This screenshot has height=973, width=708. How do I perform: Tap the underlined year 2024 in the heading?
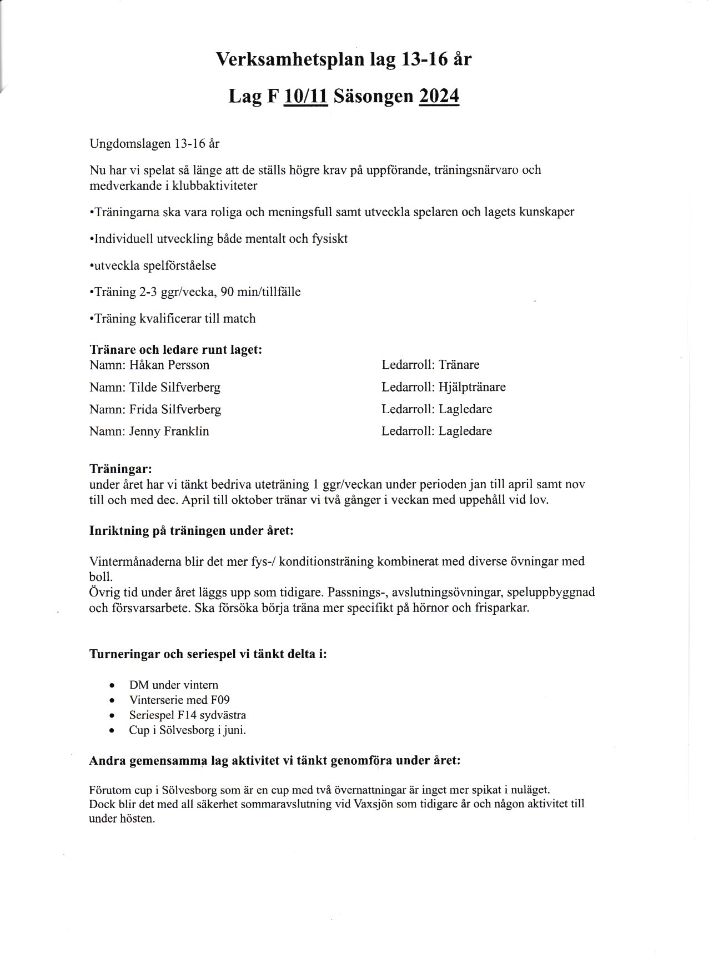tap(439, 97)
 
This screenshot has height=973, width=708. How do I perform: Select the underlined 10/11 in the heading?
tap(306, 97)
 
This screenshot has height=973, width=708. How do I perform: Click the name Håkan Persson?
tap(169, 365)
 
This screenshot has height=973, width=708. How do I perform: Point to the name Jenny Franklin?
tap(169, 432)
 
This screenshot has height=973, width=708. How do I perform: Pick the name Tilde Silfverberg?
tap(175, 388)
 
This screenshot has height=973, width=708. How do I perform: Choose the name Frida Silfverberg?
tap(175, 410)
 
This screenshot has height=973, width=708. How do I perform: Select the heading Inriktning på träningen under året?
tap(191, 530)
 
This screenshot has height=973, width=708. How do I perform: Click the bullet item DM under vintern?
tap(174, 685)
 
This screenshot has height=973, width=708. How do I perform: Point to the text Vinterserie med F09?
tap(179, 700)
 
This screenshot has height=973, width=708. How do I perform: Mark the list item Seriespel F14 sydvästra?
tap(188, 715)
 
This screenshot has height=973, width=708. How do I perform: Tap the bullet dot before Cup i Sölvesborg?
tap(113, 731)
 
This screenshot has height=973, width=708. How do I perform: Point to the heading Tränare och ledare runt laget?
tap(175, 350)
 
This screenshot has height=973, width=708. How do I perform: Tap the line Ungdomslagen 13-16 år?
tap(154, 144)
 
